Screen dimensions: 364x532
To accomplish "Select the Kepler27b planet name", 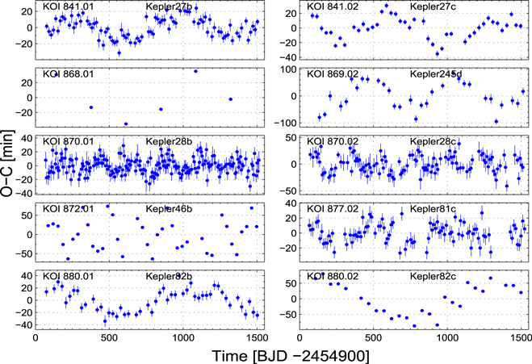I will click(169, 7).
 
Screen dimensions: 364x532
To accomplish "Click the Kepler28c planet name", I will click(434, 142).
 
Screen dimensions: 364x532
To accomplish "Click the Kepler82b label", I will click(169, 277).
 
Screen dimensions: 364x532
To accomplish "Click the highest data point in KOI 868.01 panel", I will click(195, 71).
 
